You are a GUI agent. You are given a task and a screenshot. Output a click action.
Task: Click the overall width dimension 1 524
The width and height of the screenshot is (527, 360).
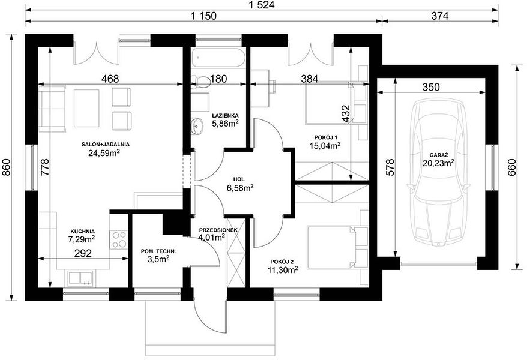pyautogui.click(x=261, y=5)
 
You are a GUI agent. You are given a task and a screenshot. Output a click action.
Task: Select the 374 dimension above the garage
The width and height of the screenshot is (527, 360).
pyautogui.click(x=440, y=16)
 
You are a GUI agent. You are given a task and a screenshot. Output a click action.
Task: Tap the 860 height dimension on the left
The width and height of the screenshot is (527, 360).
pyautogui.click(x=7, y=167)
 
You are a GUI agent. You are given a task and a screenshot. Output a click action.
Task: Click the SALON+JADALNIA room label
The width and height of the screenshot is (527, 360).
pyautogui.click(x=105, y=145)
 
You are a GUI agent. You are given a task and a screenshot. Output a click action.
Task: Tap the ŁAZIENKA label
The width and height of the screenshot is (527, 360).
pyautogui.click(x=225, y=116)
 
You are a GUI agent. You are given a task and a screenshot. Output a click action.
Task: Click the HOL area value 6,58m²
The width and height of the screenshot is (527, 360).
pyautogui.click(x=240, y=188)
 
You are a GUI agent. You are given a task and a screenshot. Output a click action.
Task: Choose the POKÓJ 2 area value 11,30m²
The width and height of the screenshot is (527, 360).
pyautogui.click(x=283, y=269)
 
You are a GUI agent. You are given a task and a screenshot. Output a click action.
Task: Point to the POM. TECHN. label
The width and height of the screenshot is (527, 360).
pyautogui.click(x=158, y=251)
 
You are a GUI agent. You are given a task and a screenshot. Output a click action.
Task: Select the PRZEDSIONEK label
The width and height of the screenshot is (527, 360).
pyautogui.click(x=218, y=230)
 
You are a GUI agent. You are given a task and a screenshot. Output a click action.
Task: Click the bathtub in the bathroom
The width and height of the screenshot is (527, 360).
pyautogui.click(x=218, y=58)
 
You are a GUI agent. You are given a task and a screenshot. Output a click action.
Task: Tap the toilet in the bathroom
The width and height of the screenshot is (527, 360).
pyautogui.click(x=200, y=82)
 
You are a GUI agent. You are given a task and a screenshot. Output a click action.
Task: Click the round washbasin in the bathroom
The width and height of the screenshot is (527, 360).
pyautogui.click(x=197, y=126)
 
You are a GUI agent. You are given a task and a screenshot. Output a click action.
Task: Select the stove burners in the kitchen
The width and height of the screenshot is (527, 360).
pyautogui.click(x=119, y=240)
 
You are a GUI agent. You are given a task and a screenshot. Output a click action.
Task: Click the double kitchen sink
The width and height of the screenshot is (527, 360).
pyautogui.click(x=80, y=278)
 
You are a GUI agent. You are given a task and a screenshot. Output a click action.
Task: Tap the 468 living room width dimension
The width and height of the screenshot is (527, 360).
pyautogui.click(x=110, y=79)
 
